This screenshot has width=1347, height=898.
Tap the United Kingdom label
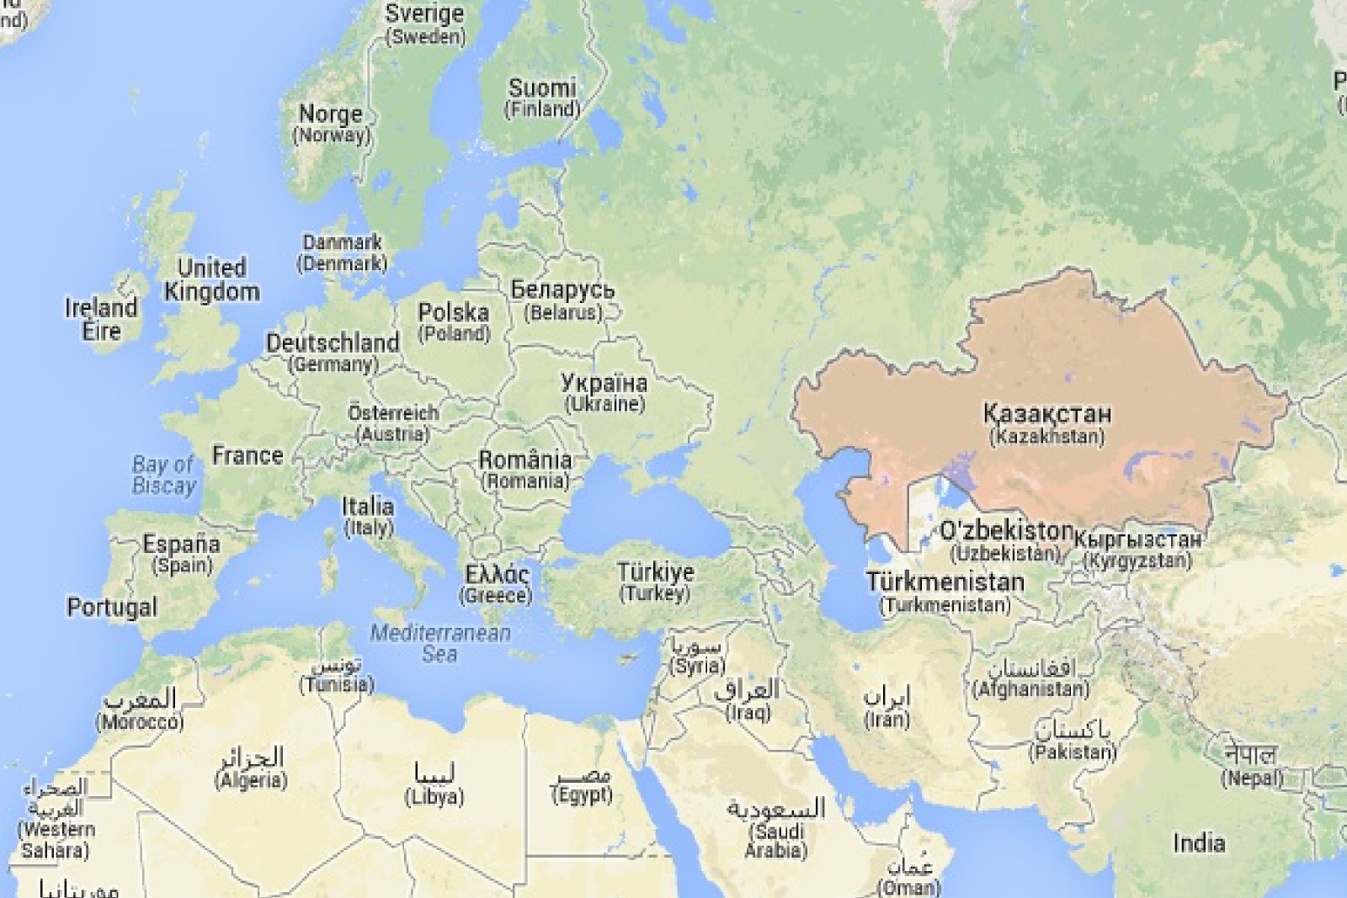pos(211,280)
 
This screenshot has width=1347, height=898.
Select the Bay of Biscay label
pos(163,475)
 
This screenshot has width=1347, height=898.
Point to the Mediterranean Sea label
pos(440,643)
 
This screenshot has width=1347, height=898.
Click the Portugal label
pos(112,607)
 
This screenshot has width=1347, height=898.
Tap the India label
pos(1199,842)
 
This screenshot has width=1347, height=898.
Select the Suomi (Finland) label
pos(542,98)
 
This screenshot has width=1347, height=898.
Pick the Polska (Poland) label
pos(454,321)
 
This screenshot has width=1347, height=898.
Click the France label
pos(248,455)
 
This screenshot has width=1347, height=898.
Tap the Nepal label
pos(1252,765)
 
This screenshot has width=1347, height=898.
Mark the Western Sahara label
pos(55,819)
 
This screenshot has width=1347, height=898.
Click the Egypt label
pos(583,784)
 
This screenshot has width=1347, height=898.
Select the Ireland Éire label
pos(101,319)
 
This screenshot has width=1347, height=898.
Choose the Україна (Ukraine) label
pos(604,393)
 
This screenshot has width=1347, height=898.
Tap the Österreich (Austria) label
pos(393,423)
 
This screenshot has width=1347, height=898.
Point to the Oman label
pos(908,877)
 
